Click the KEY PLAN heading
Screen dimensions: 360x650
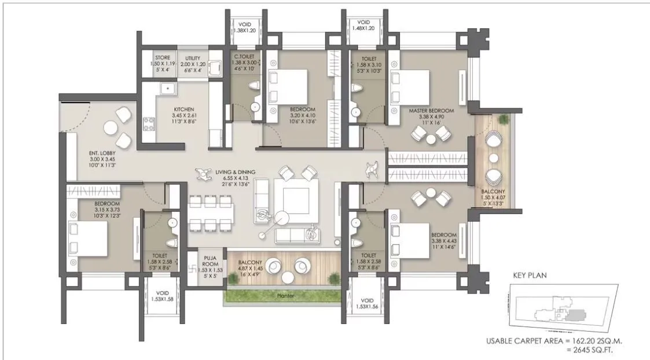tap(530, 275)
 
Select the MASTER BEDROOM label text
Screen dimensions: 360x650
tap(431, 109)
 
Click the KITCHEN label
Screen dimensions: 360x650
tap(183, 109)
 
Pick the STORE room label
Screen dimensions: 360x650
tap(163, 57)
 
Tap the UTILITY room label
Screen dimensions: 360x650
tap(193, 58)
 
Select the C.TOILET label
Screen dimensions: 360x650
tap(243, 58)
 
